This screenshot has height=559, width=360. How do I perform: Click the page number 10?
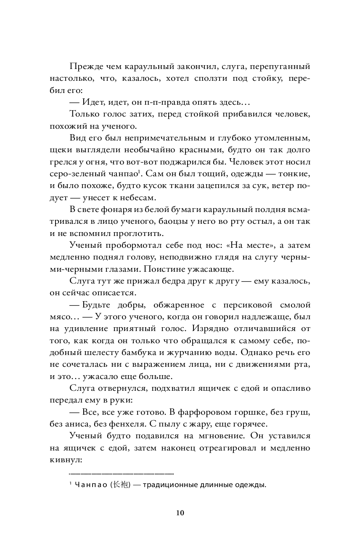180,513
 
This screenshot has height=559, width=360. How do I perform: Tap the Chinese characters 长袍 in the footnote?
120,485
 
